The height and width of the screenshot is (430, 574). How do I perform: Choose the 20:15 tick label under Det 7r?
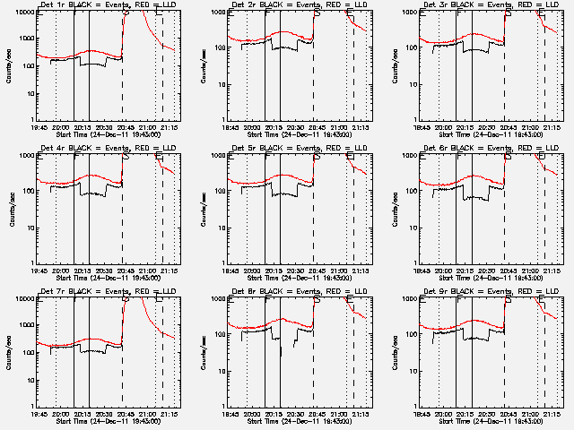[x=81, y=414]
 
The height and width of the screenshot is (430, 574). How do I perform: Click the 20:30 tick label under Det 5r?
[x=293, y=271]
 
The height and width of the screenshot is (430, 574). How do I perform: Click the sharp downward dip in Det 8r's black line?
[x=280, y=355]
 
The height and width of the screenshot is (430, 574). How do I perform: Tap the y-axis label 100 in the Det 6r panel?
[x=412, y=192]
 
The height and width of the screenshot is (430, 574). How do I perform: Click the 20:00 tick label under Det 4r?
[x=60, y=271]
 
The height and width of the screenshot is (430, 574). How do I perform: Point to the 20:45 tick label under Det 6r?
[x=507, y=271]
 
